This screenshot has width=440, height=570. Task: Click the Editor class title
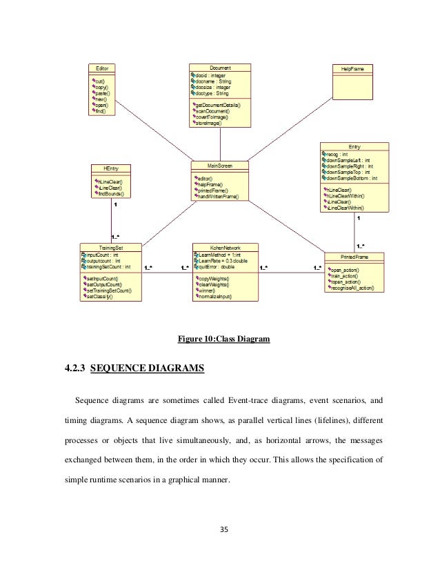click(101, 68)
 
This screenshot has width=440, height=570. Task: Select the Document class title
click(220, 68)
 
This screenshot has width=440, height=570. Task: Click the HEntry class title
click(111, 168)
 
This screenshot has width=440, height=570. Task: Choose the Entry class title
click(354, 147)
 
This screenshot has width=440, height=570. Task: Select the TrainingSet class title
click(111, 247)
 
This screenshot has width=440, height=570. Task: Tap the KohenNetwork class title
click(225, 247)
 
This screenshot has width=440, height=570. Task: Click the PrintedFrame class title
click(354, 257)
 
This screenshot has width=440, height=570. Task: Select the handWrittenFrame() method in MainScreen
click(218, 197)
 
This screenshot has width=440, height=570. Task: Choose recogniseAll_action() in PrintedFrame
click(354, 288)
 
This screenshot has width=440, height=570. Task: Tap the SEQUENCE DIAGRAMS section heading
click(147, 368)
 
